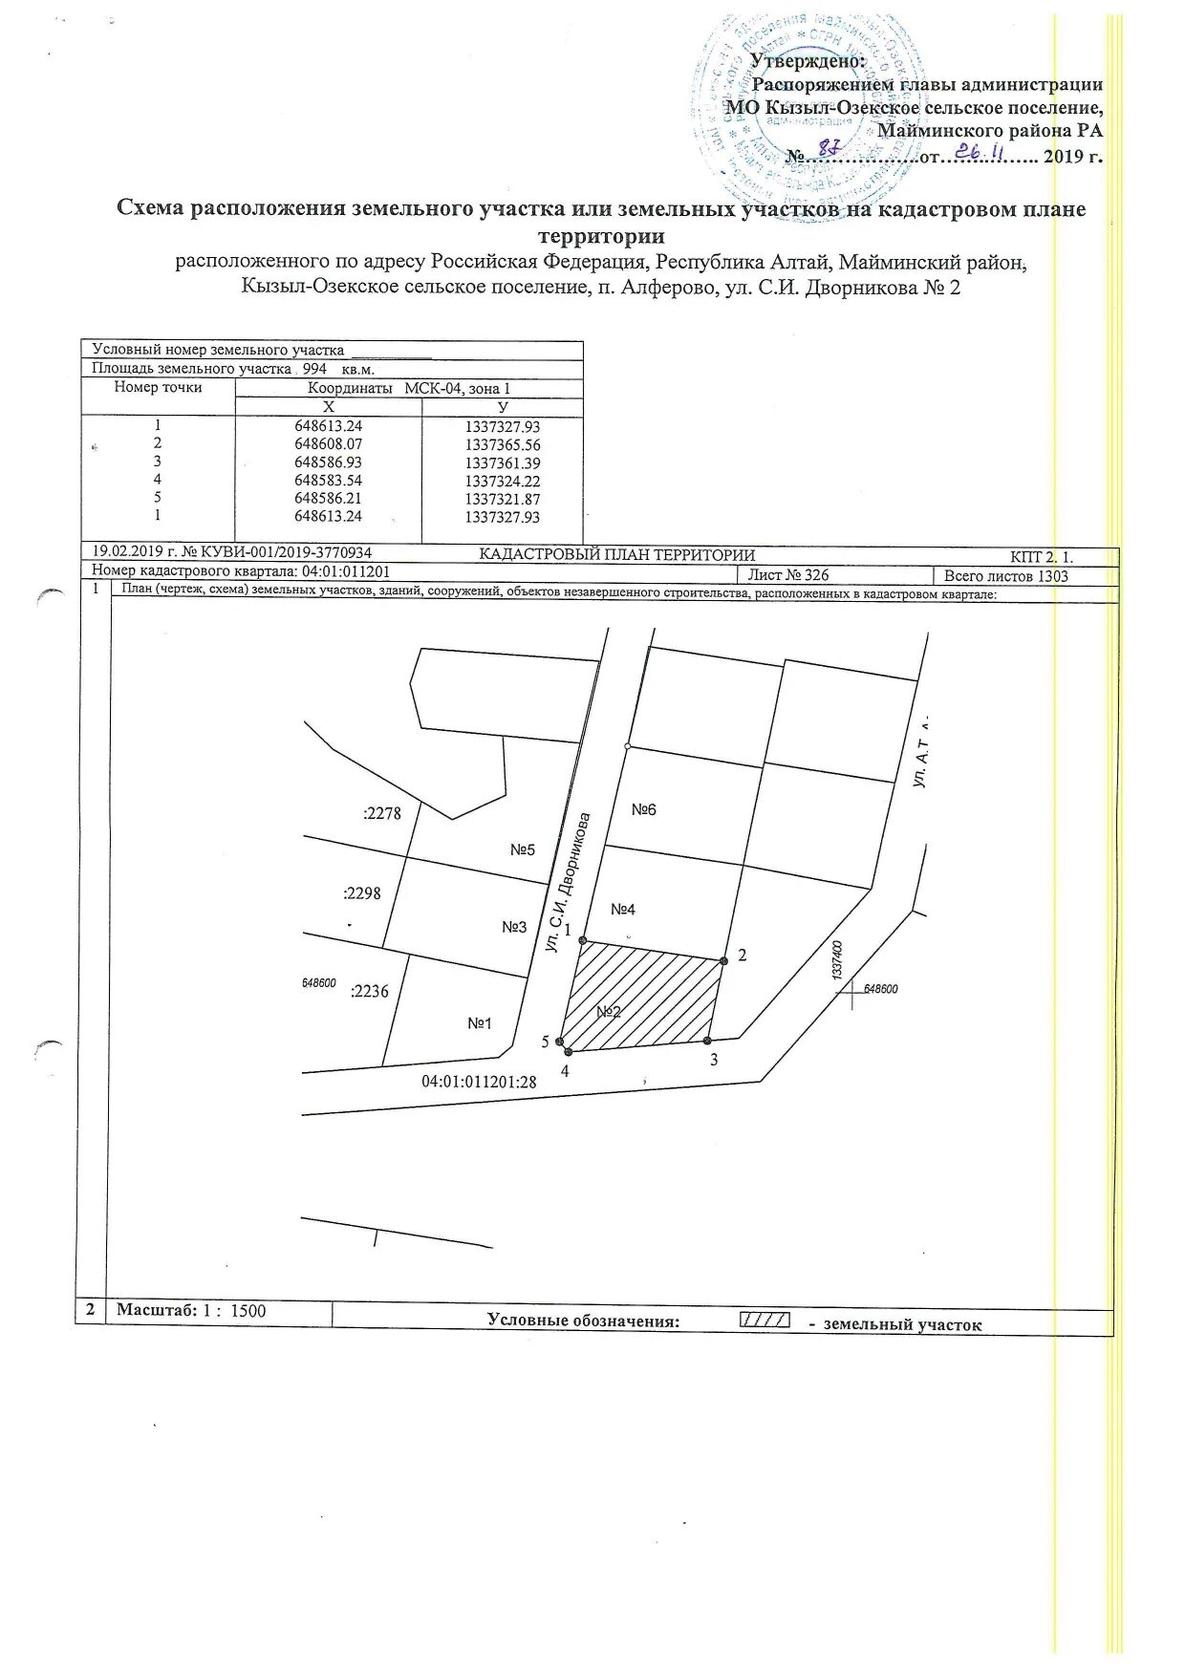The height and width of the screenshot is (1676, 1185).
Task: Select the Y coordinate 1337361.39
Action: coord(502,462)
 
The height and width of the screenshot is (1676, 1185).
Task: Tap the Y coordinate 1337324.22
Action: coord(502,481)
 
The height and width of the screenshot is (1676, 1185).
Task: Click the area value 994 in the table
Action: coord(314,369)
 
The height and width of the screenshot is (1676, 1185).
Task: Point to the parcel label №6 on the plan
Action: coord(644,810)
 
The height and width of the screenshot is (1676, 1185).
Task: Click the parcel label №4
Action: coord(623,910)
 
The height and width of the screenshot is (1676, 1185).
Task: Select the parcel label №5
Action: coord(523,849)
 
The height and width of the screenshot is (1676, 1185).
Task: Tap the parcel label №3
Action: coord(514,927)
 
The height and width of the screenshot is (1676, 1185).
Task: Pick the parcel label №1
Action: coord(479,1023)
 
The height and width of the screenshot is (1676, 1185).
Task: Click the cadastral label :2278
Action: coord(382,814)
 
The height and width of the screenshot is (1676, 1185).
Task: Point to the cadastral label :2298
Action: coord(362,893)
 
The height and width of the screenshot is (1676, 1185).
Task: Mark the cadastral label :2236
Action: coord(370,992)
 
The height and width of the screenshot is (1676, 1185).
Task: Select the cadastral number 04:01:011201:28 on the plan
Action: coord(479,1083)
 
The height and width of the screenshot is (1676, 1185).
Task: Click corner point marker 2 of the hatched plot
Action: coord(723,960)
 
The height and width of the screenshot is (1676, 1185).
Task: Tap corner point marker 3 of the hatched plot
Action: coord(707,1041)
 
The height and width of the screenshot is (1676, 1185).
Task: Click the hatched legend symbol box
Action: coord(765,1321)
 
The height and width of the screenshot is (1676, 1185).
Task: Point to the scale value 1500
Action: coord(248,1311)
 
